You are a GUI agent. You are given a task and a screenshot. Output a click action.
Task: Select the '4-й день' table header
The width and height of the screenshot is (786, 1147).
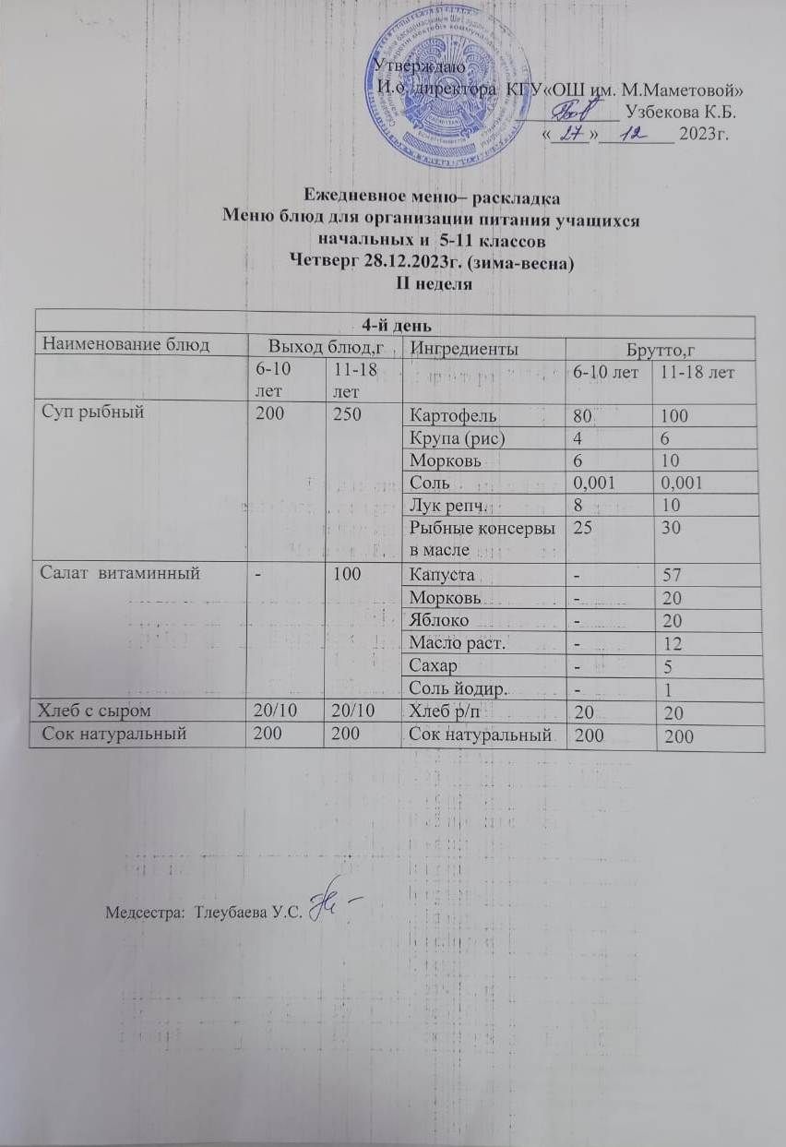click(394, 326)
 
